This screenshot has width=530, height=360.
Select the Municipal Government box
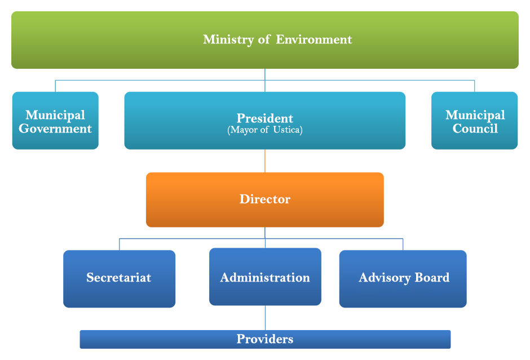pos(55,121)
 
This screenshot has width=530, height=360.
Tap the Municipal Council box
pos(474,121)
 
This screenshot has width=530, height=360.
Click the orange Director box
pos(265,199)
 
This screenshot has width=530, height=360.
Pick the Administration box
pos(265,277)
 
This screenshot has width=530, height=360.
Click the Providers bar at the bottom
pos(265,339)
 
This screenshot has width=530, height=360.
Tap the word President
pos(265,118)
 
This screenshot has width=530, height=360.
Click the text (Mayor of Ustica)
pos(265,130)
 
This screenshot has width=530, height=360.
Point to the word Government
pos(55,129)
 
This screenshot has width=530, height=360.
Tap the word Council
pos(475,129)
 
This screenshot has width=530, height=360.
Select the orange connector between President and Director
pos(265,161)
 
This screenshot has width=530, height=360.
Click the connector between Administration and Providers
pos(265,318)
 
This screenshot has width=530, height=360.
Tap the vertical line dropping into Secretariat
pos(119,244)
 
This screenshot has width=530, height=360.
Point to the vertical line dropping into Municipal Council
pos(474,86)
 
